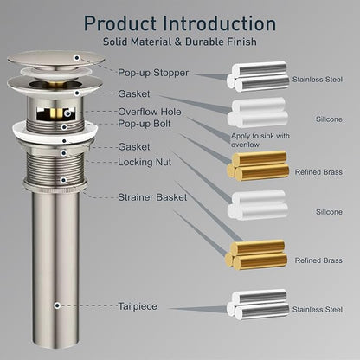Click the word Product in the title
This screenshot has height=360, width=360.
(120, 23)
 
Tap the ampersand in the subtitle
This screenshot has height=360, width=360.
(178, 42)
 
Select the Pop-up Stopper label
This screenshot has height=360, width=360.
(153, 73)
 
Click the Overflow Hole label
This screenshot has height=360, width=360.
(150, 112)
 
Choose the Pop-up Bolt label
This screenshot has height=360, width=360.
(145, 124)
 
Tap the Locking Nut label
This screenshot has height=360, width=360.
(145, 162)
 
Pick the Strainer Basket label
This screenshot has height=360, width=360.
(152, 197)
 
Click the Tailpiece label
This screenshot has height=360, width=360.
(138, 306)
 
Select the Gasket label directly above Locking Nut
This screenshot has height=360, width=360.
(134, 147)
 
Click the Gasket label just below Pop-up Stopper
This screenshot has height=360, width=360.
(134, 93)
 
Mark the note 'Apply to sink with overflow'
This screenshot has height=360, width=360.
(260, 140)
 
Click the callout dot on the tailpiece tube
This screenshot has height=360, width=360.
(57, 305)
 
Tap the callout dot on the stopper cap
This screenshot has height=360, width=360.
(77, 58)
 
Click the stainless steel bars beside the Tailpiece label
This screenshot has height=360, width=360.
(258, 305)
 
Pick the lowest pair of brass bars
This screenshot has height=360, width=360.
(256, 254)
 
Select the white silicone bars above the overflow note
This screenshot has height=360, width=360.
(258, 112)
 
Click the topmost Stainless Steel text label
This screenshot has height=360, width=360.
(318, 80)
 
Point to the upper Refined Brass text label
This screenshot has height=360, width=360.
(318, 172)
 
